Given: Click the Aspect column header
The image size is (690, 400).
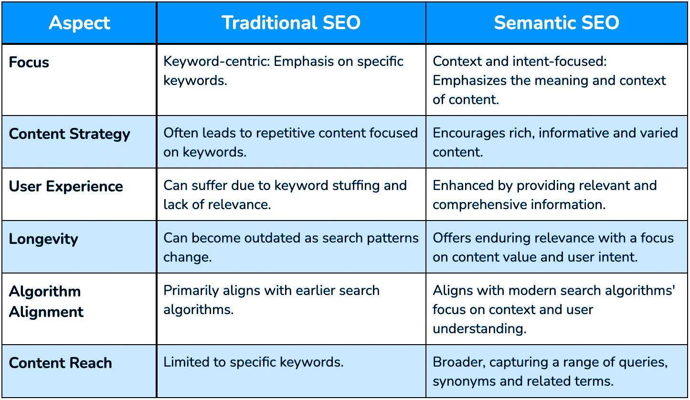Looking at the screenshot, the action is pyautogui.click(x=79, y=23).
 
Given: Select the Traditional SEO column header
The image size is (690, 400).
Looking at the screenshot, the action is pyautogui.click(x=291, y=22).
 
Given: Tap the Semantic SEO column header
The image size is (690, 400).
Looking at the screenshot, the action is pyautogui.click(x=556, y=22).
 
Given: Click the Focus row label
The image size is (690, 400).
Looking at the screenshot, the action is pyautogui.click(x=29, y=62).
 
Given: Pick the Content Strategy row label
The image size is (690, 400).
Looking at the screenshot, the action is pyautogui.click(x=70, y=134).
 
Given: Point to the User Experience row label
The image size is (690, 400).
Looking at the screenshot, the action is pyautogui.click(x=66, y=187).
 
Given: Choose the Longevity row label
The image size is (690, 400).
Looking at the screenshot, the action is pyautogui.click(x=43, y=239).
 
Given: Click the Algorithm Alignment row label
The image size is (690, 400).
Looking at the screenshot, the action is pyautogui.click(x=46, y=302).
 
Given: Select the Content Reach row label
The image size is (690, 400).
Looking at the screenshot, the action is pyautogui.click(x=60, y=363).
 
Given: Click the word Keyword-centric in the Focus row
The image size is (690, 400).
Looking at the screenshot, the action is pyautogui.click(x=216, y=62).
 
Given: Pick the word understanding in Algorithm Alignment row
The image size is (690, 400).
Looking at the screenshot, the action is pyautogui.click(x=479, y=329).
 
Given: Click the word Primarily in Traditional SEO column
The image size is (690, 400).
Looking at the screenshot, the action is pyautogui.click(x=191, y=291).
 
